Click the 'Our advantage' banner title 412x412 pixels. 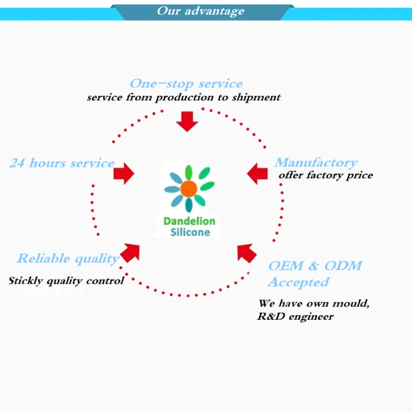(200, 11)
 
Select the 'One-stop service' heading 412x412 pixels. (186, 84)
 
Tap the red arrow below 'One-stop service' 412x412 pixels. (187, 121)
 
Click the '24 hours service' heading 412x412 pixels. (62, 163)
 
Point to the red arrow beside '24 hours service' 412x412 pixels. (124, 174)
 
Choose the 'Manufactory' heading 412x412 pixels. (316, 163)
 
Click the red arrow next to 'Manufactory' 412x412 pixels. (257, 174)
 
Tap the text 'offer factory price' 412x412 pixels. (325, 175)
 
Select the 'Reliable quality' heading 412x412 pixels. (68, 258)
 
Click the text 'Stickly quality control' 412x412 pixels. (66, 281)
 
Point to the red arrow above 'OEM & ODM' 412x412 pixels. (247, 252)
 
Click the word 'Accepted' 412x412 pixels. (298, 282)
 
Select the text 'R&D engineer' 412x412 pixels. (295, 316)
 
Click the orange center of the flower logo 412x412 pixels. (188, 189)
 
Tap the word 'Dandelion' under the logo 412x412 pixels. (189, 221)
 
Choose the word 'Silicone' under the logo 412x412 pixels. (189, 232)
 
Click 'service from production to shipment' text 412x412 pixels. (183, 97)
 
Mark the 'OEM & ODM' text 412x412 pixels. (315, 266)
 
